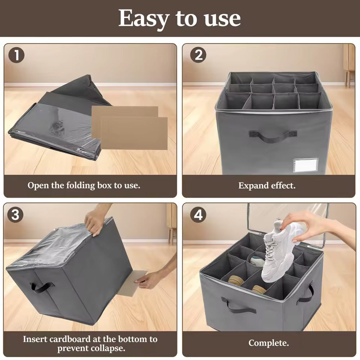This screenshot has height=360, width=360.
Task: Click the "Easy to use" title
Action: pos(180,18)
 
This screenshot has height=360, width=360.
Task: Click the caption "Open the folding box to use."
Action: pos(84,185)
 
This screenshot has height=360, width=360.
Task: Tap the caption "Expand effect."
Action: pos(267,185)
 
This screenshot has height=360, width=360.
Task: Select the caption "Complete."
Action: pos(269,343)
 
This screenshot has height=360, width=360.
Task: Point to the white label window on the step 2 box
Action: pos(306,165)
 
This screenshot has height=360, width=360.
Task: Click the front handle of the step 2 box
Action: pos(273,136)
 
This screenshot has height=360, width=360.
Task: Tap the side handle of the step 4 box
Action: pos(306,293)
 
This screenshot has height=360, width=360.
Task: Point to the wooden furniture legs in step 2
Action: pos(350,78)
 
